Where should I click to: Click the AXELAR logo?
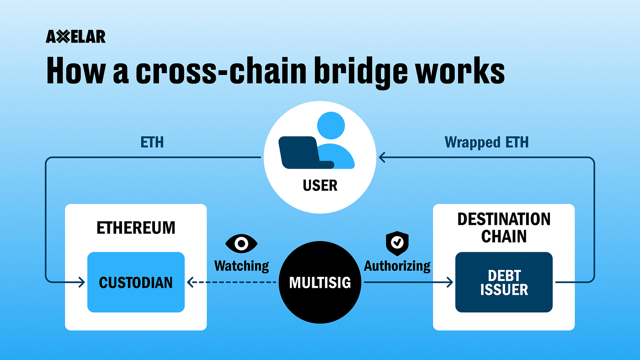coord(75,37)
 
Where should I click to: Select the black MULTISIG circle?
coord(320,282)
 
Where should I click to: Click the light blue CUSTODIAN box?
coord(136,282)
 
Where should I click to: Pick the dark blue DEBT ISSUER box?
coord(504,282)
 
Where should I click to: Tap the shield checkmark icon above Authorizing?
coord(397,243)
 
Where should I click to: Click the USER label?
coord(320,185)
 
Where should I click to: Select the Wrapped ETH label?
coord(486,143)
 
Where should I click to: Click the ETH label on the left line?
coord(152,143)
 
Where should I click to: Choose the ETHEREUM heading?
coord(136,228)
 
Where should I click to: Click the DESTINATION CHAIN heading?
coord(504,228)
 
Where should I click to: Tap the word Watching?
coord(241,265)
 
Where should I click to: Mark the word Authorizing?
coord(397,265)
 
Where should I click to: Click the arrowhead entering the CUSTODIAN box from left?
coord(81,282)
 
